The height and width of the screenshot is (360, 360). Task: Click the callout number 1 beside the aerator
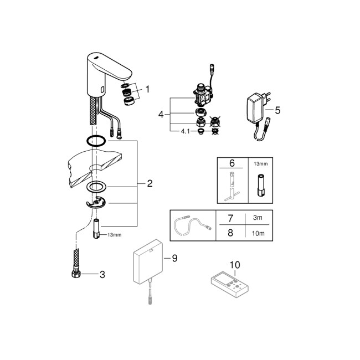click(x=147, y=89)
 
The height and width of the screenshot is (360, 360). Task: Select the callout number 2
click(x=150, y=183)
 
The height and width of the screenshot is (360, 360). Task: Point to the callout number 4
click(x=161, y=115)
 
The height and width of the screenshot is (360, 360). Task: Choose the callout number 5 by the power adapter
click(x=277, y=110)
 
